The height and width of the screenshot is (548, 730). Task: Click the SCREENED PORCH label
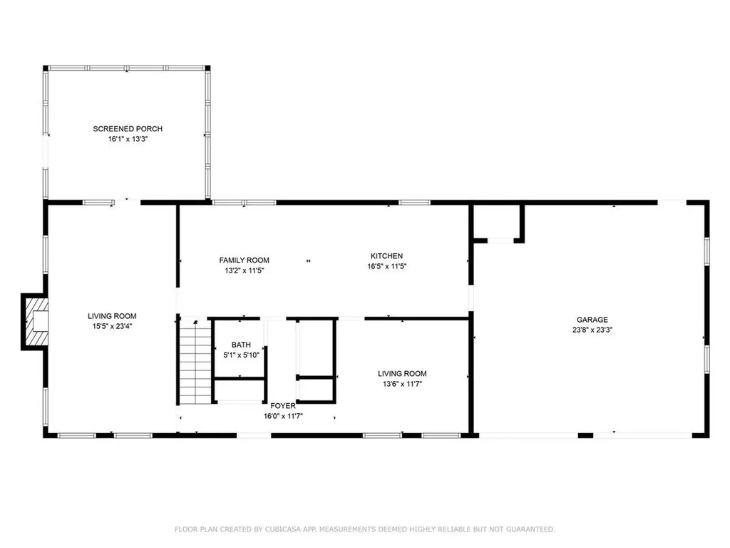[128, 129]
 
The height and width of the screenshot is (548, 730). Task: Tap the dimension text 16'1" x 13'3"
[128, 140]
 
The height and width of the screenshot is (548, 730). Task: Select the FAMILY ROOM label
[244, 260]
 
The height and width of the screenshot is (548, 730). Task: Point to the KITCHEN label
[386, 256]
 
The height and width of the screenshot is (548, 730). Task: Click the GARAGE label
[592, 320]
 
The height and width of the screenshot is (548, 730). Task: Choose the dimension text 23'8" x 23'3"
[592, 330]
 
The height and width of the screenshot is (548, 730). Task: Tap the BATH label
[241, 345]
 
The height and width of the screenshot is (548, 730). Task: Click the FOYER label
[283, 406]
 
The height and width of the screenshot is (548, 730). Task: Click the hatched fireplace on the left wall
[35, 322]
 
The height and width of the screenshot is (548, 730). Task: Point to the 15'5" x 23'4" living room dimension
[112, 327]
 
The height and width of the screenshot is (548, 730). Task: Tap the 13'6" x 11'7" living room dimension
[402, 384]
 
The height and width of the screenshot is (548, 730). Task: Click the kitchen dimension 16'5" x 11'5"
[386, 266]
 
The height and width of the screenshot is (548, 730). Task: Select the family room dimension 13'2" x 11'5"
[244, 271]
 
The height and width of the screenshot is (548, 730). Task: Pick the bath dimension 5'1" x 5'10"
[241, 355]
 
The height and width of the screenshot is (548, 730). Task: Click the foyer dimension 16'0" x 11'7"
[283, 416]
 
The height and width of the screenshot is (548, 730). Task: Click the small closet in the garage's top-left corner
[496, 222]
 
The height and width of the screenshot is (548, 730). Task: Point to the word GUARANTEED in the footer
[529, 529]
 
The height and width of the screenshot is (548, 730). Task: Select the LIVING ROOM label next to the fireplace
[112, 316]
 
